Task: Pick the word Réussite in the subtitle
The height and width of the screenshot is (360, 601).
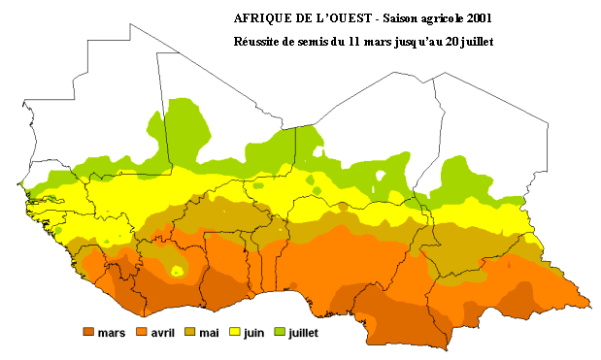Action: (x=259, y=42)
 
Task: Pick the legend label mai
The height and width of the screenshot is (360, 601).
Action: (x=209, y=333)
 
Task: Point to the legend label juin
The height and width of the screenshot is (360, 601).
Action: (x=253, y=333)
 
